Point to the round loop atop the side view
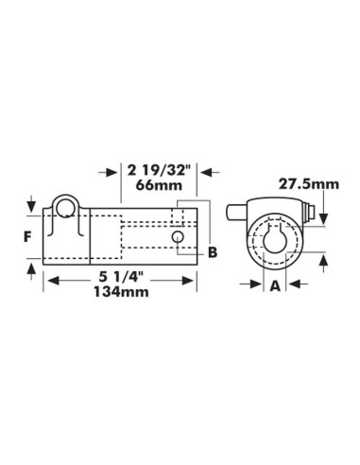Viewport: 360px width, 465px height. (x=66, y=205)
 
